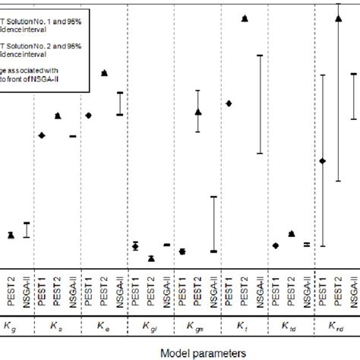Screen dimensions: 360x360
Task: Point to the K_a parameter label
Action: [x=57, y=327]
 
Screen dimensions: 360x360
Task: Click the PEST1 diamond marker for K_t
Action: [x=229, y=103]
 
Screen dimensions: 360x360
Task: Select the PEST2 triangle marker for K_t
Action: [x=245, y=18]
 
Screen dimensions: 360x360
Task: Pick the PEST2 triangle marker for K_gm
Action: [x=198, y=112]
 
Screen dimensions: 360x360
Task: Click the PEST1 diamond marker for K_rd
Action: [x=322, y=161]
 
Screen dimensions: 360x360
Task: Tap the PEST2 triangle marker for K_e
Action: [x=104, y=73]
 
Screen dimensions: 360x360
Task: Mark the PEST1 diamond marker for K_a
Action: [x=42, y=135]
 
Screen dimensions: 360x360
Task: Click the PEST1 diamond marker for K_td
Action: [x=276, y=245]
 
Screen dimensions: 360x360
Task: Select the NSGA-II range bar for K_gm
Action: [x=214, y=224]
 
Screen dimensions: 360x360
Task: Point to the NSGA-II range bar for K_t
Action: [x=261, y=105]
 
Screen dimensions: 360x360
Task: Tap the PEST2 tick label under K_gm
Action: [x=198, y=290]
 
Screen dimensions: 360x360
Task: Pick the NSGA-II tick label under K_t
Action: [x=261, y=290]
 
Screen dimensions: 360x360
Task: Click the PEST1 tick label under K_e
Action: [x=89, y=290]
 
